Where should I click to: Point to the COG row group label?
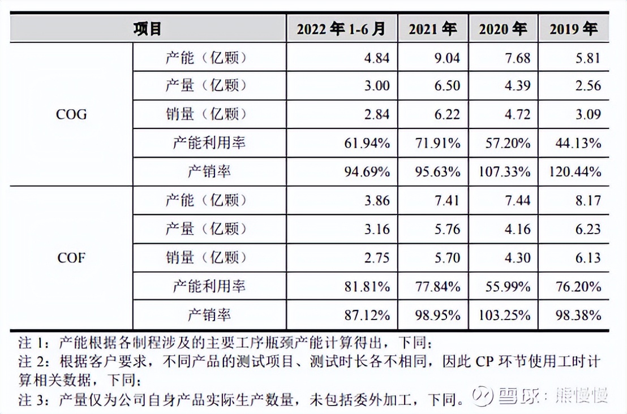[71, 114]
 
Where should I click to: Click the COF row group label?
[71, 257]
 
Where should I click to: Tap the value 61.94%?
[367, 143]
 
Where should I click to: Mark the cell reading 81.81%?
[367, 286]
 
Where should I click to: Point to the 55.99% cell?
[508, 286]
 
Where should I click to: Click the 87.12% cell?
[367, 314]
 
